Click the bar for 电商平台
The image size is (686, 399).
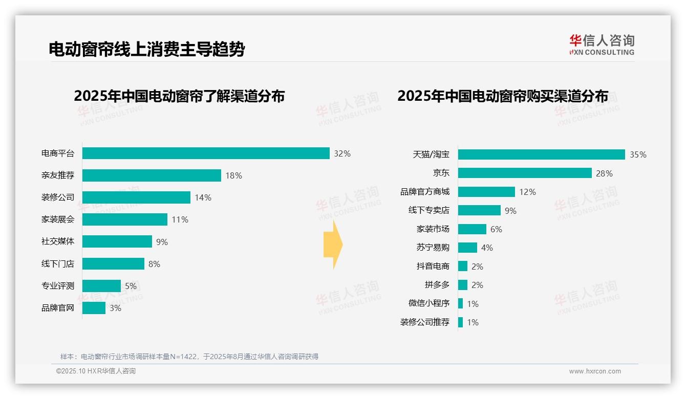point(206,153)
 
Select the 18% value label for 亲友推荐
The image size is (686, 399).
point(233,175)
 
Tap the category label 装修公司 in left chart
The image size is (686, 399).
point(58,197)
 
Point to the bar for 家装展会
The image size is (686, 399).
point(125,219)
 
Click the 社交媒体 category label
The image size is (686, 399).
point(58,241)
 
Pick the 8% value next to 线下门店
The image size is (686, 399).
point(154,264)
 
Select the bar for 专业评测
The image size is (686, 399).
point(101,286)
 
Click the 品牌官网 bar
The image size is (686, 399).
point(94,308)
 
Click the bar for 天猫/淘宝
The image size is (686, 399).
point(541,154)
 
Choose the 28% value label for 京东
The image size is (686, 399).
point(604,173)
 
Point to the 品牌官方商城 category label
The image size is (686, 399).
point(425,192)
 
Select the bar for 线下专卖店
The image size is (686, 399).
point(479,210)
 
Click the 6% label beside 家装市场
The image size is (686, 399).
point(496,229)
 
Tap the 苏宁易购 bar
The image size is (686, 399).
point(467,248)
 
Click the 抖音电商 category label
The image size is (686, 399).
point(433,266)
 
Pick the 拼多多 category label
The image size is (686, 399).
point(437,285)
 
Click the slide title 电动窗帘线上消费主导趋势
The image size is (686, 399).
point(146,49)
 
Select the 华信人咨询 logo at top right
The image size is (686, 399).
point(602,45)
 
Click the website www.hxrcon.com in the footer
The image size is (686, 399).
point(595,371)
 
